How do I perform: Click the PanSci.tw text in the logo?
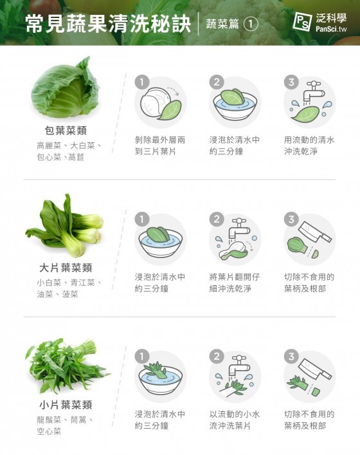click(331, 29)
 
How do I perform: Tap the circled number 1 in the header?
click(251, 24)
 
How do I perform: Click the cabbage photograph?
click(66, 88)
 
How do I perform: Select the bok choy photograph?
click(64, 225)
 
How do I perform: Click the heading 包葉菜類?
click(66, 131)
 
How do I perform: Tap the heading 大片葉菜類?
click(66, 268)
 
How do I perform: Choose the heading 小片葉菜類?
click(66, 405)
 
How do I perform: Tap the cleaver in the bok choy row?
click(315, 232)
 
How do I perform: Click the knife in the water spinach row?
click(315, 369)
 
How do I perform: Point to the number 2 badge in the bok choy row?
click(217, 219)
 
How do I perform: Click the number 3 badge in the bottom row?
click(291, 357)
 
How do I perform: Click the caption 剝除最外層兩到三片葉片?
click(160, 145)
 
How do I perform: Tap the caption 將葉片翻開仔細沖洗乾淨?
click(235, 283)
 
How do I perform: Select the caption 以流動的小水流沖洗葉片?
click(235, 420)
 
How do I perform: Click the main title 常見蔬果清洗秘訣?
click(108, 24)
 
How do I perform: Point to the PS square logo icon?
click(302, 22)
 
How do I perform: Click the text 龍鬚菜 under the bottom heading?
click(49, 420)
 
